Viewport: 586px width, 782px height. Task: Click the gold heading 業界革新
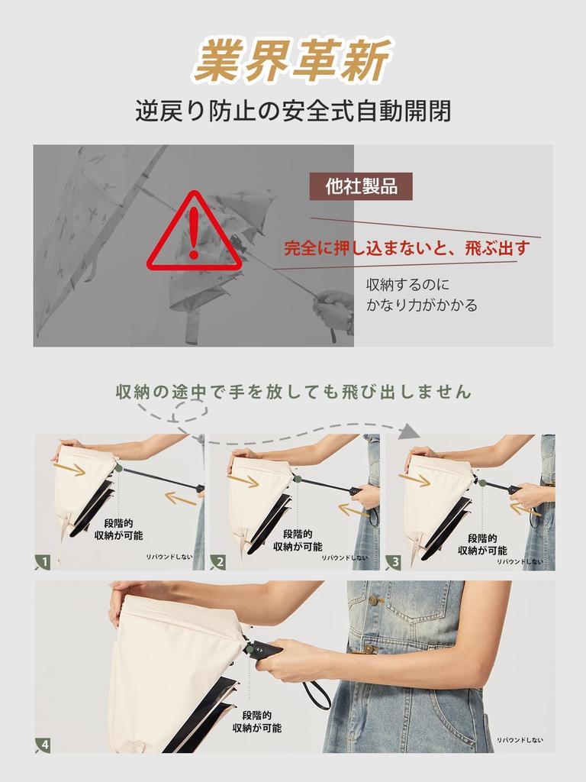tap(292, 61)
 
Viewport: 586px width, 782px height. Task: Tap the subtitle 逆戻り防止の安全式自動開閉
tap(293, 111)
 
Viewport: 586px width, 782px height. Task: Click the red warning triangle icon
tap(195, 233)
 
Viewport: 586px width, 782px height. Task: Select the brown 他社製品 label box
tap(361, 186)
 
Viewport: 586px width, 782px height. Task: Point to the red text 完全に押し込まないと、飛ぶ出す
tap(407, 248)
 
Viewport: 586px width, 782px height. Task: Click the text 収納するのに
tap(408, 285)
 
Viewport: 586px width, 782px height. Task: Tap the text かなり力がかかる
tap(422, 305)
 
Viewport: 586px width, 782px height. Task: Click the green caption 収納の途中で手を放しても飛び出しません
tap(293, 393)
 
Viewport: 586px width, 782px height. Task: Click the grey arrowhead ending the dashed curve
tap(410, 431)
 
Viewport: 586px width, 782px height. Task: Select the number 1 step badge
tap(43, 563)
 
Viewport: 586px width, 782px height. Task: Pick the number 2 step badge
tap(218, 563)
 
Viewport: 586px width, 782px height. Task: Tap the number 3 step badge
tap(394, 563)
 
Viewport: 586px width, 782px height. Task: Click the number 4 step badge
tap(43, 745)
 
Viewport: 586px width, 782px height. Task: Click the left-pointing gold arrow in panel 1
tap(181, 499)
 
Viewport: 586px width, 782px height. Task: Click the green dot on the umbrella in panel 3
tap(474, 481)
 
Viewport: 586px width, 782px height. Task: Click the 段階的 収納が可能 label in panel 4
tap(257, 722)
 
